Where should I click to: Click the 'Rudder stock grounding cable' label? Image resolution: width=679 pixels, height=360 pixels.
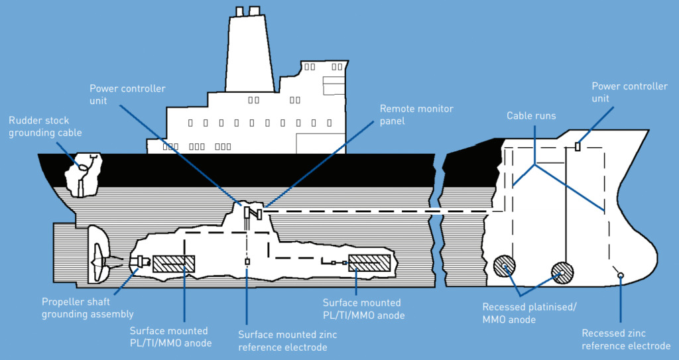click(x=45, y=127)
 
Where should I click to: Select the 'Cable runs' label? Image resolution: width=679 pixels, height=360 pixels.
click(x=531, y=116)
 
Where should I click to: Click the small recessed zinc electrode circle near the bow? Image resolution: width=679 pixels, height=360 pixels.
click(x=619, y=274)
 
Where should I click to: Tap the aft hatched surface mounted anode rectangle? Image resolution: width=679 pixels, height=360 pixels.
click(x=174, y=264)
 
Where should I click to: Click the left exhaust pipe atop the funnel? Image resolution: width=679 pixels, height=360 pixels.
click(x=239, y=11)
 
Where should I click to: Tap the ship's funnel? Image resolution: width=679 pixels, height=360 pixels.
click(x=250, y=53)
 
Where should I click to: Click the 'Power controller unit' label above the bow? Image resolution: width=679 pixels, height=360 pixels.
click(x=629, y=93)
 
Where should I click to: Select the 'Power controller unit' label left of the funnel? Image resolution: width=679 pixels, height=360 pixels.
click(x=127, y=94)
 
